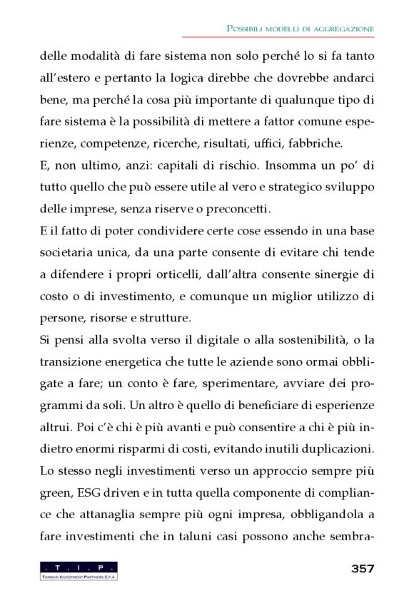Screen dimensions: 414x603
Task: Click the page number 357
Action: [x=363, y=568]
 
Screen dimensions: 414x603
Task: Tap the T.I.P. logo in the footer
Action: [x=79, y=569]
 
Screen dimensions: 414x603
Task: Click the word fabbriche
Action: [x=316, y=142]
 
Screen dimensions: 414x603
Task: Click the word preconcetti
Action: [x=236, y=210]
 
